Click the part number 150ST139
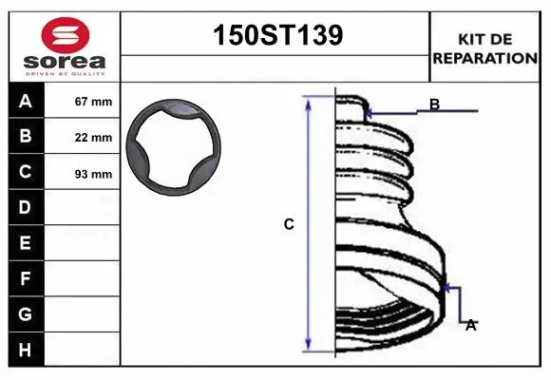coord(275,35)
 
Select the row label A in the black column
coord(26,102)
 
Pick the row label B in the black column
coord(26,137)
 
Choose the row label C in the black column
coord(26,172)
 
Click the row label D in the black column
coord(26,207)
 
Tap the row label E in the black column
coord(26,243)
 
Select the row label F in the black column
coord(26,278)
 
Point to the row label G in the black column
coord(26,313)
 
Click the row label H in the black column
coord(26,350)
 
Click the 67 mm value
coord(93,102)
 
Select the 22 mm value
coord(93,138)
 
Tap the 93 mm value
coord(93,174)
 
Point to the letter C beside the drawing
coord(289,225)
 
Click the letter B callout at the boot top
coord(434,104)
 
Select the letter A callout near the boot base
coord(469,325)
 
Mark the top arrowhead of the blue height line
coord(308,101)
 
